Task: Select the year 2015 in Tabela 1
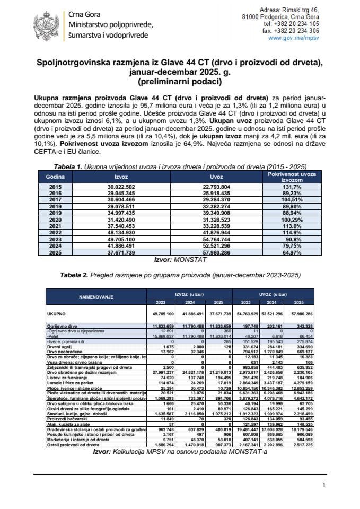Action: pos(55,187)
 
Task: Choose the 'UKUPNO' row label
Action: pos(57,314)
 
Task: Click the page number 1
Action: pos(324,486)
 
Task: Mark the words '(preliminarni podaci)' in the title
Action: pos(180,83)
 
